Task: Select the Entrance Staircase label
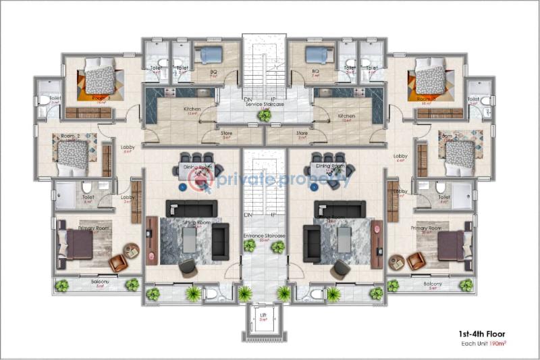coord(264,235)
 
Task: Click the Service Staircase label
coord(264,105)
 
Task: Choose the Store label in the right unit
coord(302,133)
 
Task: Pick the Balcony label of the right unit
coord(433,284)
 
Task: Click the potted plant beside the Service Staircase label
coord(265,115)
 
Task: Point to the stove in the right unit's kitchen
coord(326,91)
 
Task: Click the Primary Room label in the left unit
coord(94,228)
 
